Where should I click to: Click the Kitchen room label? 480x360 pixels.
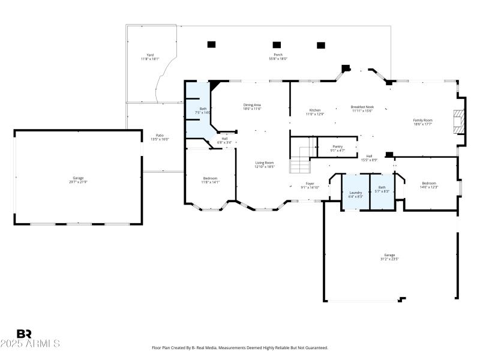(315, 110)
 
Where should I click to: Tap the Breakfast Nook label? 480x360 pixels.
(362, 107)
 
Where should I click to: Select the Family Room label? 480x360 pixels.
(422, 120)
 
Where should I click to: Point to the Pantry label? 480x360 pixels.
(338, 146)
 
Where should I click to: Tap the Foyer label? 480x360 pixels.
(310, 184)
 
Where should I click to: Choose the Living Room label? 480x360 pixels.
(265, 163)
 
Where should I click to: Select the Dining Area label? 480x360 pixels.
(252, 104)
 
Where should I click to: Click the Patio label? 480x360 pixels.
(160, 136)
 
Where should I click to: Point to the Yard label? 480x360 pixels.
(150, 55)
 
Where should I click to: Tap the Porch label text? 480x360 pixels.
(278, 55)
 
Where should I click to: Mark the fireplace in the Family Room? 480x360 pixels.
(459, 121)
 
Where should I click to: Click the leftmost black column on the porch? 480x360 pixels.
(211, 44)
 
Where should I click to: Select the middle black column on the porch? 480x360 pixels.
(277, 44)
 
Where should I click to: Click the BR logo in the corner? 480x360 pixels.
(24, 334)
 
